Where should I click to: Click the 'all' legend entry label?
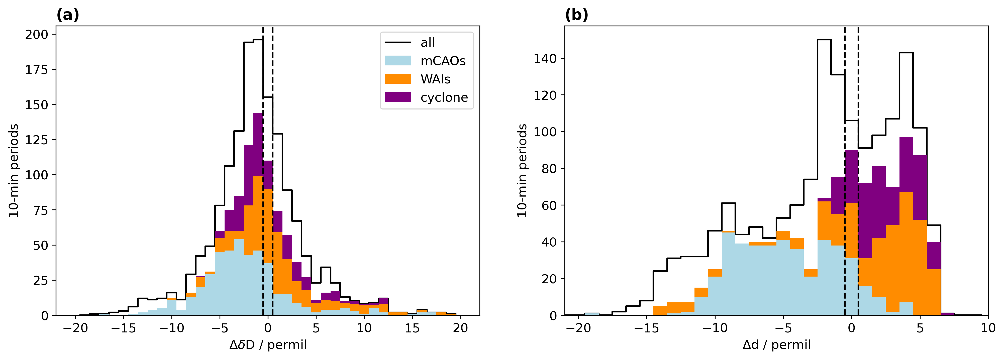(428, 43)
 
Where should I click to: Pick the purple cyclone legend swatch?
(397, 97)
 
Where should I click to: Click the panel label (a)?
(68, 15)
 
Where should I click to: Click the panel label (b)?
(576, 15)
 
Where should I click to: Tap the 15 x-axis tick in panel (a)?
(412, 328)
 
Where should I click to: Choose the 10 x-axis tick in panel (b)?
(988, 328)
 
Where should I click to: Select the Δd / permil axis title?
(776, 345)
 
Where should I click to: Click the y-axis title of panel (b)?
(522, 171)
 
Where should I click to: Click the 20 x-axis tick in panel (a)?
(460, 328)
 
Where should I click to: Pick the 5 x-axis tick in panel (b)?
(920, 328)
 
